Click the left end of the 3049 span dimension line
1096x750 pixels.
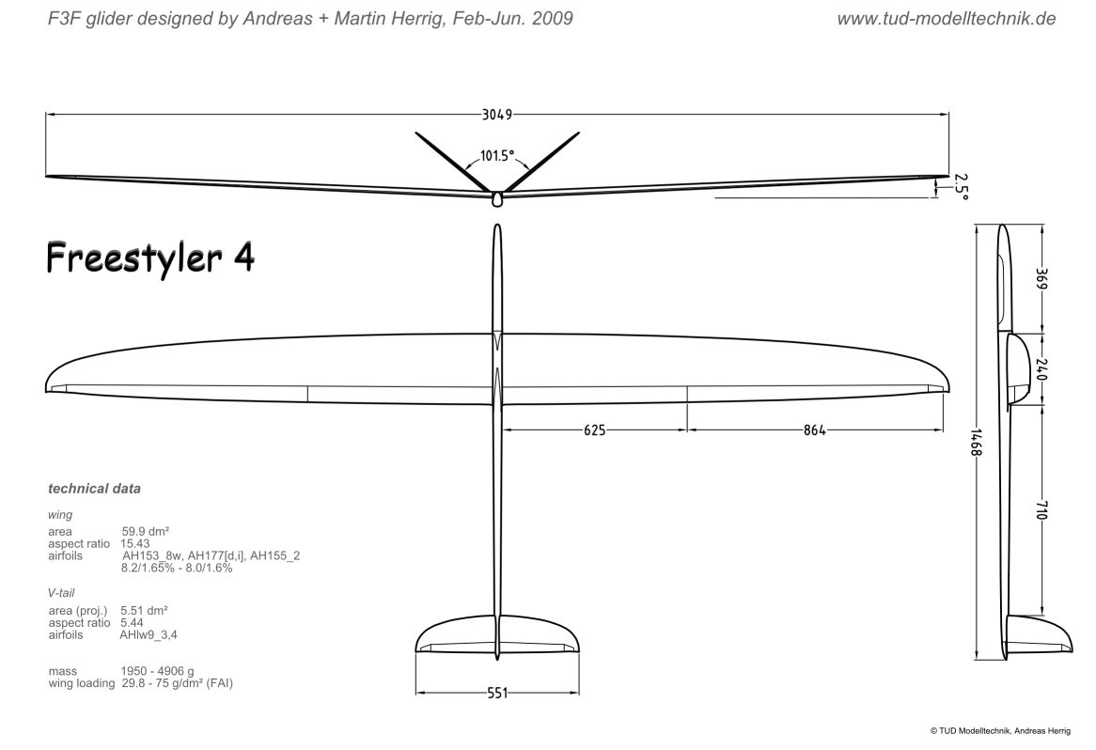tap(46, 114)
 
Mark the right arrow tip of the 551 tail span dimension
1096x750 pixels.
tap(579, 694)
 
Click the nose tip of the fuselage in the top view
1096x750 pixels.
tap(497, 225)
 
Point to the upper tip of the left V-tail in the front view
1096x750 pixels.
tap(416, 133)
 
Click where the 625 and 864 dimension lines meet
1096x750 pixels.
tap(687, 430)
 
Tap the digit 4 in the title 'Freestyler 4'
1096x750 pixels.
tap(244, 258)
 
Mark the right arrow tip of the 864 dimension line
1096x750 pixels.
tap(943, 430)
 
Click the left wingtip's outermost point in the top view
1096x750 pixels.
tap(46, 389)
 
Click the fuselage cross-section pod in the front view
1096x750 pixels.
tap(497, 198)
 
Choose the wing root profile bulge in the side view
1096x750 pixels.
tap(1018, 369)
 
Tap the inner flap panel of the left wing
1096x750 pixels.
tap(399, 395)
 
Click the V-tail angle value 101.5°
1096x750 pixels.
tap(497, 155)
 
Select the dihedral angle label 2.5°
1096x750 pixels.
tap(961, 187)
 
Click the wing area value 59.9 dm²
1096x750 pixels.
tap(146, 531)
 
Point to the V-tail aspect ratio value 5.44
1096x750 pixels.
tap(133, 623)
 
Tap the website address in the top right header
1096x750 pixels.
tap(947, 19)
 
